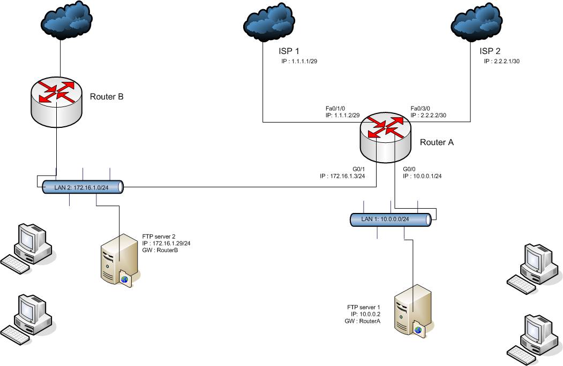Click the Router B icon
click(56, 97)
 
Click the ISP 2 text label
click(490, 51)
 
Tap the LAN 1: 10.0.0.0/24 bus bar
click(391, 219)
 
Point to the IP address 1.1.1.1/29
click(300, 62)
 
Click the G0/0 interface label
click(410, 169)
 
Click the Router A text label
click(436, 142)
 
